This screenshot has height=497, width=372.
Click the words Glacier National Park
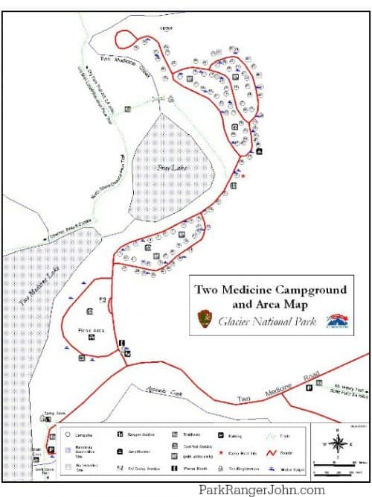[266, 321]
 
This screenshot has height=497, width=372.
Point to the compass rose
[337, 443]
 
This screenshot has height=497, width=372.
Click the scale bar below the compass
[336, 467]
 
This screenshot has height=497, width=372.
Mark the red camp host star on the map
[242, 176]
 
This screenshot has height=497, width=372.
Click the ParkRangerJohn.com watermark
[261, 490]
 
